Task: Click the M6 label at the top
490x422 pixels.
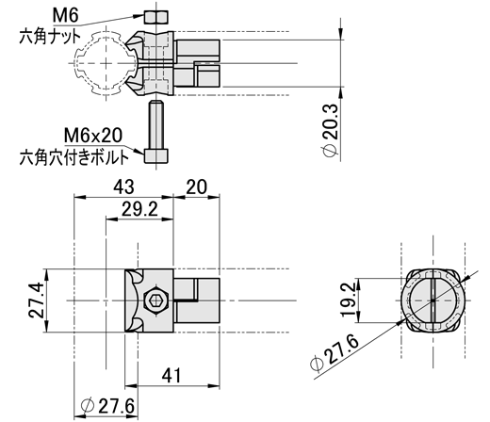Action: [x=65, y=15]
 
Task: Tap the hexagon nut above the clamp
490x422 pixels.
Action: [x=156, y=17]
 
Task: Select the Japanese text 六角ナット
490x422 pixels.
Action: [x=50, y=37]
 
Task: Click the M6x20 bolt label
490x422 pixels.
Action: [x=93, y=136]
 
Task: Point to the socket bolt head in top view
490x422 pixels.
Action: [x=156, y=156]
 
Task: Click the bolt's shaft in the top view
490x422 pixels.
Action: [x=156, y=125]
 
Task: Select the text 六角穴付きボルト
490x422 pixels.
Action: [x=74, y=157]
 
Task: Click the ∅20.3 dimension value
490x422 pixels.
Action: [x=331, y=130]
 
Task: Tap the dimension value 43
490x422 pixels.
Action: [x=123, y=187]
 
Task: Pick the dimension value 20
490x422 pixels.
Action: [x=196, y=187]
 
